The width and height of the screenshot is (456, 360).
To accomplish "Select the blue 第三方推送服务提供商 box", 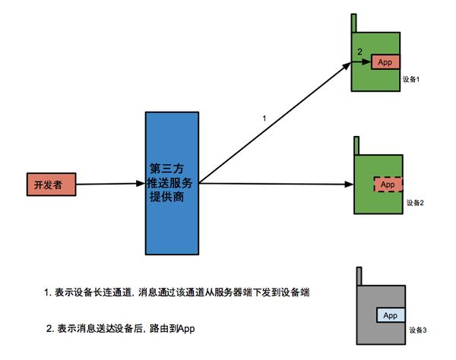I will point(173,183).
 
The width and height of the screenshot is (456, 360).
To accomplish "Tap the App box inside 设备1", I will point(385,62).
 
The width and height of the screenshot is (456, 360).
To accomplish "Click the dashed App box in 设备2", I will point(388,185).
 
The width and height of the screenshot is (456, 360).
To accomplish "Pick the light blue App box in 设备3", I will point(391,315).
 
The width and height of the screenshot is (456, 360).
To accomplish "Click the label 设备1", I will point(411,79).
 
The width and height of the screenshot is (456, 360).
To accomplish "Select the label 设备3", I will point(419,330).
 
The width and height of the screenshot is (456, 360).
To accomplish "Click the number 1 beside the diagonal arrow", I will point(264,118).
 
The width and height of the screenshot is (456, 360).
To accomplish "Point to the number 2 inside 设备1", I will point(359,51).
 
